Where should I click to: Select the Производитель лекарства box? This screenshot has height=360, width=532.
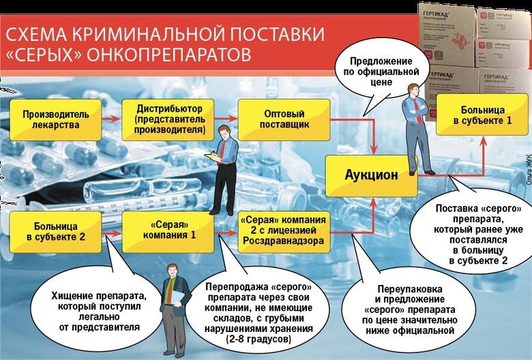[x=55, y=118]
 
